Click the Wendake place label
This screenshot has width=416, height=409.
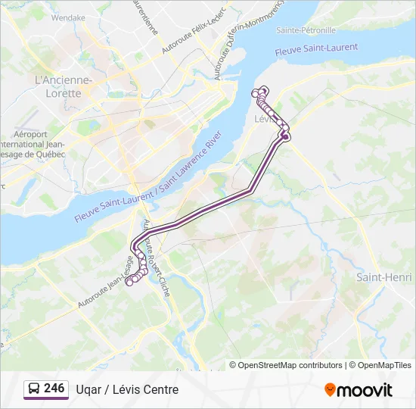[68, 17]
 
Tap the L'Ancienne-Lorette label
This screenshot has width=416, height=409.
[64, 86]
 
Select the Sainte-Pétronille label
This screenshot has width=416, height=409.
[306, 30]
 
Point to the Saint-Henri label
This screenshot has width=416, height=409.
[384, 277]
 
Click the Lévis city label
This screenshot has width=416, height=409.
[265, 119]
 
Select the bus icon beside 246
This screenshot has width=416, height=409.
[33, 389]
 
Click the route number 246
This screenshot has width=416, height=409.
[54, 389]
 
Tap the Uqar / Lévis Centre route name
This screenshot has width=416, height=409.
[127, 389]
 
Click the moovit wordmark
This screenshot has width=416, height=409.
[365, 390]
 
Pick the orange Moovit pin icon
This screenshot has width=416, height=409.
[330, 389]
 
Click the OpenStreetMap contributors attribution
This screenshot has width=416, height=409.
[290, 365]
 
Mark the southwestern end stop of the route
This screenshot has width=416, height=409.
[129, 283]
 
